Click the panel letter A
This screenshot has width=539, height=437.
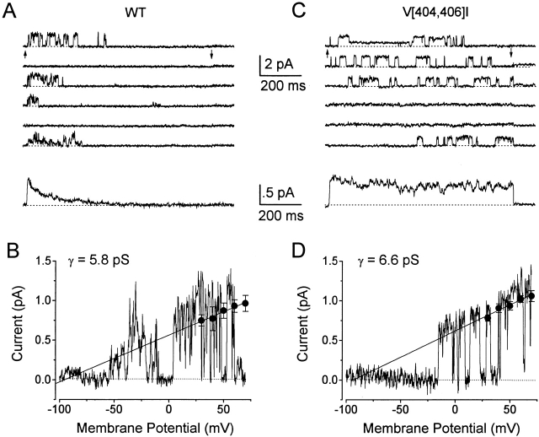coord(11,12)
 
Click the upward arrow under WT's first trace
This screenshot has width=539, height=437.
coord(26,54)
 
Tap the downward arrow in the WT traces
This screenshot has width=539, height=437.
coord(211,54)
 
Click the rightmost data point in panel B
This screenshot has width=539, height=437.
coord(245,303)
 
